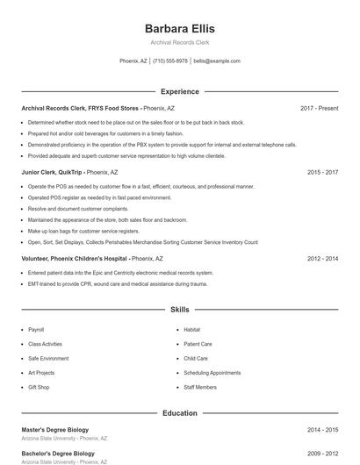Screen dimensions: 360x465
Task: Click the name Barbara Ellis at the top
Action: click(179, 29)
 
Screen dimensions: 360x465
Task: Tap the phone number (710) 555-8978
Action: click(170, 61)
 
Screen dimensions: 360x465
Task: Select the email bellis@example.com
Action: click(217, 61)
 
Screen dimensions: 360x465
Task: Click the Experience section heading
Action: click(179, 91)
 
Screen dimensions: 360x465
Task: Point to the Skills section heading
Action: click(179, 310)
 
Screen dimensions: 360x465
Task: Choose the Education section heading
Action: click(179, 412)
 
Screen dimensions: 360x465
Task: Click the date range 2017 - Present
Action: click(319, 108)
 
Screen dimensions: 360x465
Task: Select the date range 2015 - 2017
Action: click(322, 173)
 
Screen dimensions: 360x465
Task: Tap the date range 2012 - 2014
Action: click(322, 259)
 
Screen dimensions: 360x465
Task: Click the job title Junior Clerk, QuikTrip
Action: click(52, 173)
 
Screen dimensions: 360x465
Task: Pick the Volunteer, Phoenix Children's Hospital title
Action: click(74, 259)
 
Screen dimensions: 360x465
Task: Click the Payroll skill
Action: click(36, 330)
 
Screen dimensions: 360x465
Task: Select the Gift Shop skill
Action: click(39, 387)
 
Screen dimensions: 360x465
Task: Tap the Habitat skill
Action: click(191, 330)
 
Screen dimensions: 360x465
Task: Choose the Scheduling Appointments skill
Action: click(212, 373)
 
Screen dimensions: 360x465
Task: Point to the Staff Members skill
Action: click(200, 387)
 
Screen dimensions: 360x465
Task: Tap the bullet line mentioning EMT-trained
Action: click(117, 284)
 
